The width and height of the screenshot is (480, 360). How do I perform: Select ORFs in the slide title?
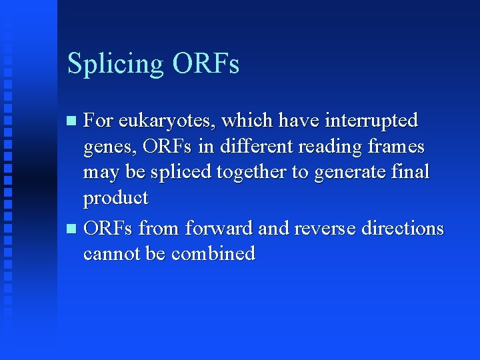pyautogui.click(x=205, y=64)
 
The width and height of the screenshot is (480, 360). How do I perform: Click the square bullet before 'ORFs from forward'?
pyautogui.click(x=73, y=229)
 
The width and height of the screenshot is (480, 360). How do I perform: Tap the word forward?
pyautogui.click(x=219, y=228)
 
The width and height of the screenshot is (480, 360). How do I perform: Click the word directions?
pyautogui.click(x=403, y=228)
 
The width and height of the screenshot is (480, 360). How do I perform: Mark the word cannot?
pyautogui.click(x=109, y=254)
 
